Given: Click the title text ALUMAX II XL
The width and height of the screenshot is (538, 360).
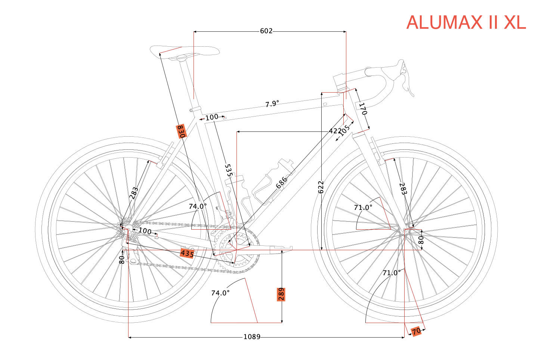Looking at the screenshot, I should [466, 23].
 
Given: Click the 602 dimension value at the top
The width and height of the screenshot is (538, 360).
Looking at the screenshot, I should [266, 31].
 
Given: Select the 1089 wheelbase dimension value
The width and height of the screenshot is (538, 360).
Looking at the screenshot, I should [251, 337].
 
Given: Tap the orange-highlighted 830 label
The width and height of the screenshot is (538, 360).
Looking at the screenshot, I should [181, 131].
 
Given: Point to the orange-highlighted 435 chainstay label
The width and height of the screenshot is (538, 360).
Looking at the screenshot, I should [187, 254].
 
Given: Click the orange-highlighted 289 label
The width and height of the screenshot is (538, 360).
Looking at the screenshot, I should [281, 294].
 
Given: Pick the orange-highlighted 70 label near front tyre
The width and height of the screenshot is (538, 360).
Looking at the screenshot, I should [416, 331].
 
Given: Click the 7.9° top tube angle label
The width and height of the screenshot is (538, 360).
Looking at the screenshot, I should [272, 104].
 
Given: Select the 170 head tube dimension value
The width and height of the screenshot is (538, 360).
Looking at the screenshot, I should [363, 109].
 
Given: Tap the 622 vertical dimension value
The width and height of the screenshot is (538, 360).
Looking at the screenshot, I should [321, 187].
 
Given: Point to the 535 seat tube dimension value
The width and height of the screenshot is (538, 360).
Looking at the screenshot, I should [229, 170].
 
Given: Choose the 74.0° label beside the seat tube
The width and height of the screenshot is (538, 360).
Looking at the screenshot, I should [197, 207].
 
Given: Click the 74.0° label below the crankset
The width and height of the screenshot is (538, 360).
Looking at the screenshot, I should [220, 293].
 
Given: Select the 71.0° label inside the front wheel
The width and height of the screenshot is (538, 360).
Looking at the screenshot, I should [363, 208].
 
